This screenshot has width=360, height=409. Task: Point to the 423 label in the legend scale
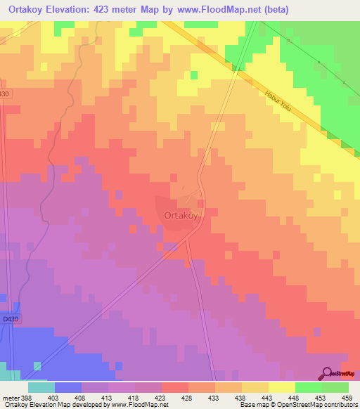160,398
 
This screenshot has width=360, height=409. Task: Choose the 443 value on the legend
268,398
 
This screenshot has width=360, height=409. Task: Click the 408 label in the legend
81,398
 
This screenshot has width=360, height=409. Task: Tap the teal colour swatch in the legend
41,387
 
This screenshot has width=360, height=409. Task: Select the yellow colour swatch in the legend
281,387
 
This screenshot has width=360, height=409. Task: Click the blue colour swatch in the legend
67,387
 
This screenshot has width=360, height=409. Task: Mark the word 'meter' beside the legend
9,398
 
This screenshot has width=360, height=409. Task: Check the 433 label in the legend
214,398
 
